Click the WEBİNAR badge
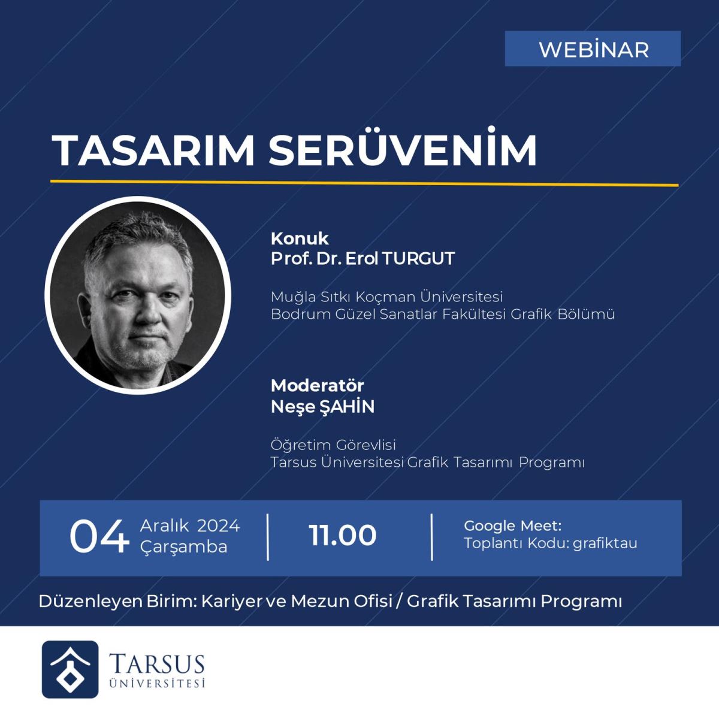click(x=593, y=49)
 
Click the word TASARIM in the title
click(x=153, y=150)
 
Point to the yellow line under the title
click(x=364, y=183)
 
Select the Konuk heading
click(x=300, y=239)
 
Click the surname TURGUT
click(x=418, y=259)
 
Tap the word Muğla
click(x=293, y=298)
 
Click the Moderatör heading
click(x=317, y=386)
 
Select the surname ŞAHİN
click(x=348, y=406)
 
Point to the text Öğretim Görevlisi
click(x=333, y=445)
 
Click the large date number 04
click(x=99, y=536)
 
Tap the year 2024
click(x=218, y=526)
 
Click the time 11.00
click(x=343, y=536)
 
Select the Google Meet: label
click(x=513, y=526)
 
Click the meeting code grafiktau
click(x=605, y=543)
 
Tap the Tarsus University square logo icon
click(x=70, y=669)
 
